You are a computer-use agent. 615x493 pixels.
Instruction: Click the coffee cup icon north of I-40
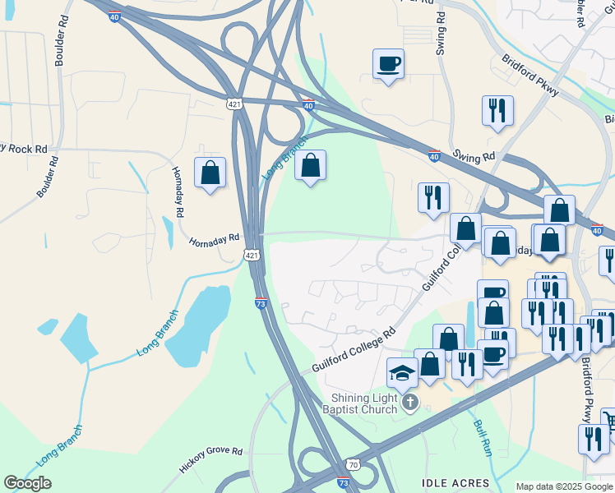coord(388,64)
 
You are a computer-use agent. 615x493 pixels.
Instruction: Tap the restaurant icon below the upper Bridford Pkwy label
coord(497,111)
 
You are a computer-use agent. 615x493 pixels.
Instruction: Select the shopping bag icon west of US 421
coord(210,173)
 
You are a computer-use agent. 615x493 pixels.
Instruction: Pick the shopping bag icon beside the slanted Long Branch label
coord(310,165)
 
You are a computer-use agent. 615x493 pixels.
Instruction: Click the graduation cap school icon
coord(402,373)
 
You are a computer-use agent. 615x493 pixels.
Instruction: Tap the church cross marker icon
coord(411,402)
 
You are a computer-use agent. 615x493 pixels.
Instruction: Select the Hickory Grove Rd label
coord(211,463)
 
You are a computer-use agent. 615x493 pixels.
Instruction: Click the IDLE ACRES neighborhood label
coord(456,483)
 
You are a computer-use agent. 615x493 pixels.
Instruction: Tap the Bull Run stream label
coord(482,439)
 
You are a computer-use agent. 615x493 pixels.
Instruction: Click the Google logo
coord(28,483)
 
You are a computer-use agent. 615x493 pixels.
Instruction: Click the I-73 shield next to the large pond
coord(261,304)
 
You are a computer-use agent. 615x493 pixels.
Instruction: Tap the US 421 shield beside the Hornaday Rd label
coord(252,257)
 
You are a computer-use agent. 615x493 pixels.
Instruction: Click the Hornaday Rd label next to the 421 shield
coord(214,242)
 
